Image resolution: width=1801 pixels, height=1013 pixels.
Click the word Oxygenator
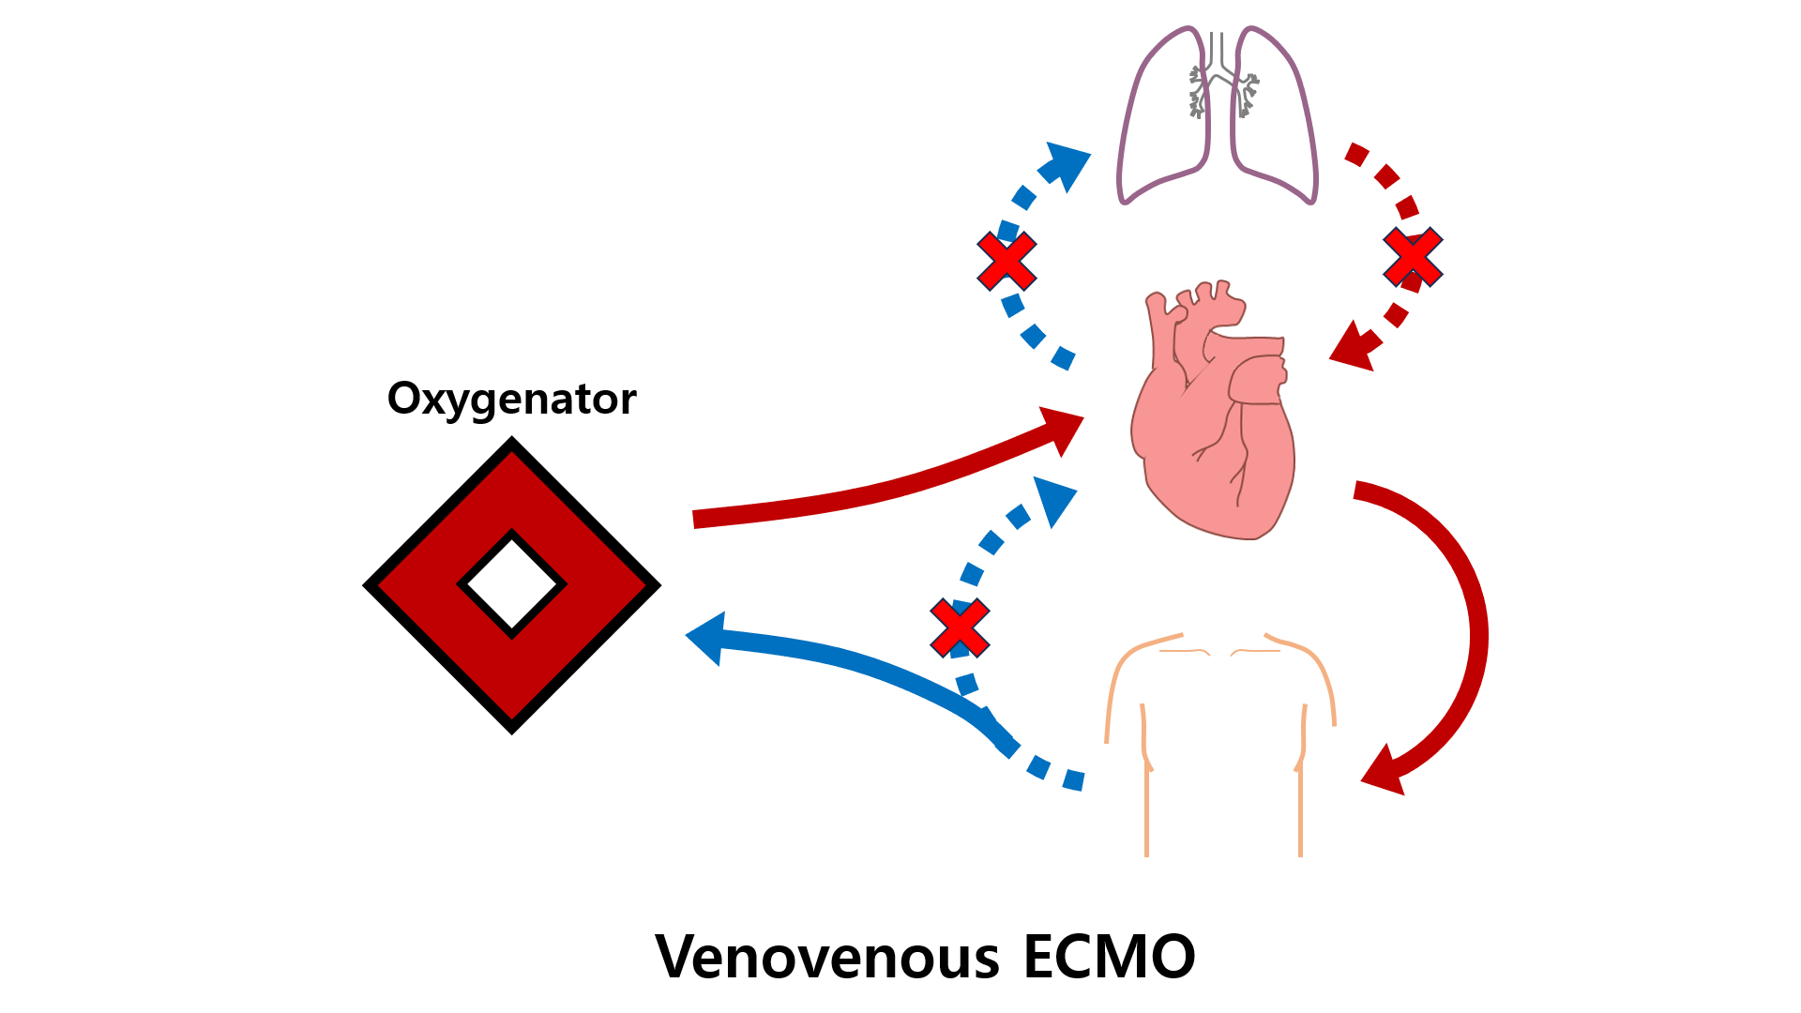pyautogui.click(x=511, y=400)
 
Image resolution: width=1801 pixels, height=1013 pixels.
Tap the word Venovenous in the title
pyautogui.click(x=827, y=958)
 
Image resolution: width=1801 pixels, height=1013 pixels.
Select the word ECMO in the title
pyautogui.click(x=1109, y=958)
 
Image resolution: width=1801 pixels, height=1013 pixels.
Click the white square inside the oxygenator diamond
pyautogui.click(x=511, y=585)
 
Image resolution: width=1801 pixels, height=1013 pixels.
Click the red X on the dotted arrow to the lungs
pyautogui.click(x=1006, y=261)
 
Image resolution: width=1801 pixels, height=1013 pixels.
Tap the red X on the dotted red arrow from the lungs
pyautogui.click(x=1413, y=257)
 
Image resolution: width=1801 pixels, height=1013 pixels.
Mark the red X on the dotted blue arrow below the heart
pyautogui.click(x=960, y=627)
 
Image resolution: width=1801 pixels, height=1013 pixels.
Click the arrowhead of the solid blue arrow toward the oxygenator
pyautogui.click(x=706, y=638)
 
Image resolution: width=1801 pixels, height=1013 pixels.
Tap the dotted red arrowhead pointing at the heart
pyautogui.click(x=1352, y=347)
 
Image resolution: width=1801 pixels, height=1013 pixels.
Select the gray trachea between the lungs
pyautogui.click(x=1218, y=56)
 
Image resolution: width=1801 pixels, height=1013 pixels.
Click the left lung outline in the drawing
pyautogui.click(x=1162, y=113)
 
